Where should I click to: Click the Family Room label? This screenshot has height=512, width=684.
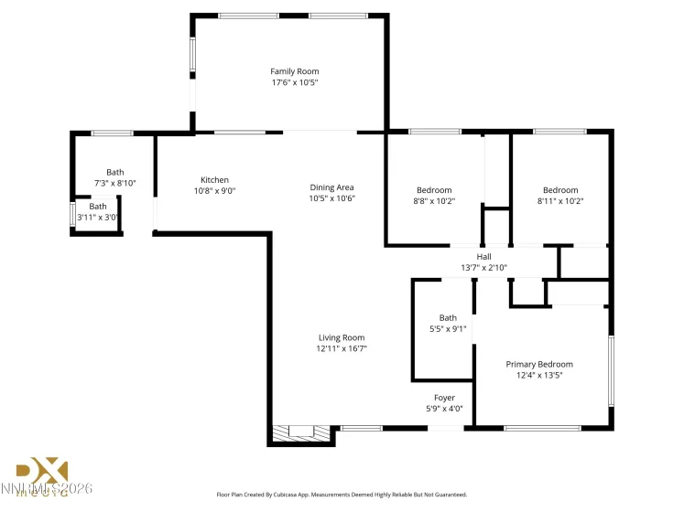coord(294,71)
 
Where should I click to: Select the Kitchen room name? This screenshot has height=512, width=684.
coord(214,180)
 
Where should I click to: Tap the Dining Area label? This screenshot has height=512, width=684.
coord(331,187)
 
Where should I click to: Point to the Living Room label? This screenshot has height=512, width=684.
coord(342,337)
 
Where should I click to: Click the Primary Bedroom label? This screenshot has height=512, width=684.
coord(539,364)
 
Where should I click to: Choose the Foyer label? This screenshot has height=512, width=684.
coord(444,398)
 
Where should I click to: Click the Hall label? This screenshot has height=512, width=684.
coord(483,257)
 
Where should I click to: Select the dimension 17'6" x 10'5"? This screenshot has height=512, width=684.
coord(294,82)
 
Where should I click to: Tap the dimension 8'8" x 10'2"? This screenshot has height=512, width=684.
coord(433,201)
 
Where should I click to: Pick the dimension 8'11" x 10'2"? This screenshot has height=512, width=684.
coord(559,201)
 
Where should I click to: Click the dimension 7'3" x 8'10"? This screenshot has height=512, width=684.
coord(114,183)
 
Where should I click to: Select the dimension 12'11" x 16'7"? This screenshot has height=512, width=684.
coord(342,348)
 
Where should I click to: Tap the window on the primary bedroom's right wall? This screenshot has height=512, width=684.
coord(611,369)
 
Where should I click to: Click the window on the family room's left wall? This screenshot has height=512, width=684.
coord(192,56)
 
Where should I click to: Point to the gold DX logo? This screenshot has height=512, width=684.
coord(43,473)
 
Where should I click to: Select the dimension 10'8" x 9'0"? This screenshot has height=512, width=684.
coord(214,191)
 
